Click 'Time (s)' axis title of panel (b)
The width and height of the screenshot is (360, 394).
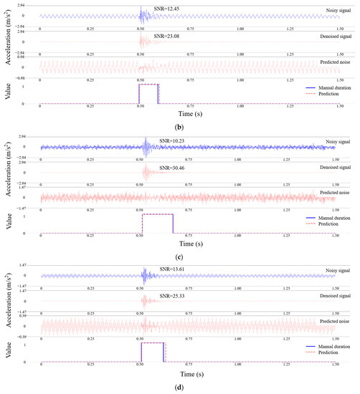[x=189, y=112]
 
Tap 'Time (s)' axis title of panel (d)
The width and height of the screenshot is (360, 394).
[x=189, y=373]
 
